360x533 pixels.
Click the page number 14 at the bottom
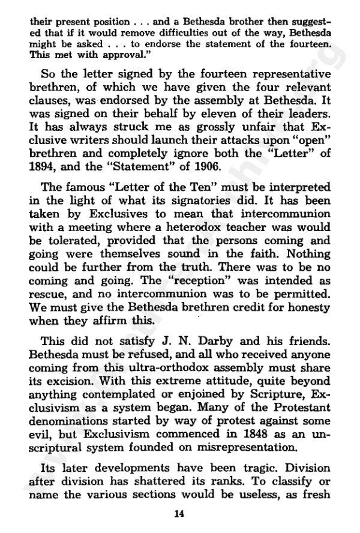click(178, 512)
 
